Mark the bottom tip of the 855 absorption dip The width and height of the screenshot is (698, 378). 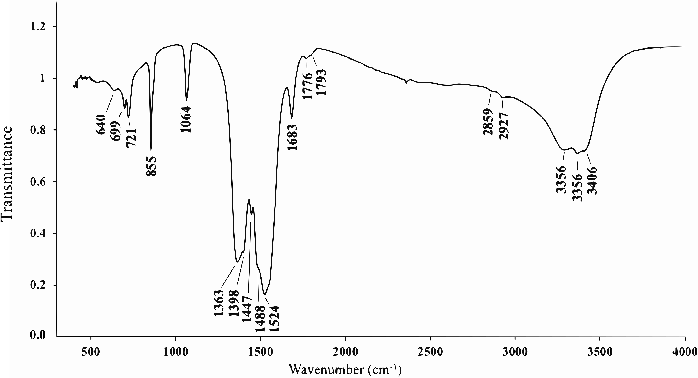[151, 151]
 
